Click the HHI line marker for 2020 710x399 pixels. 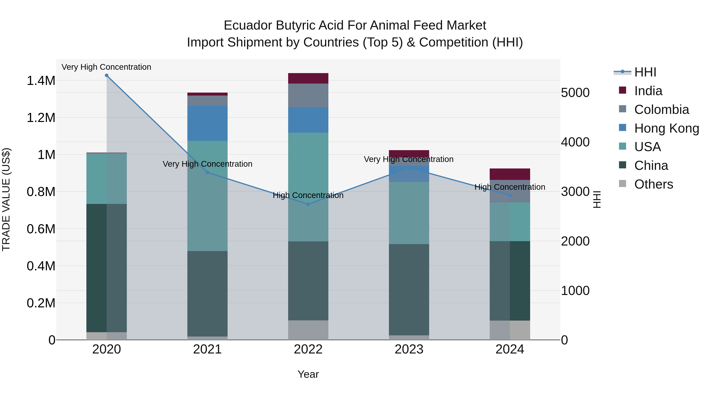107,75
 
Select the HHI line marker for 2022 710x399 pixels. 308,204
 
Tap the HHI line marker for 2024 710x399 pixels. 510,195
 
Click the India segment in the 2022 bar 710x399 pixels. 308,78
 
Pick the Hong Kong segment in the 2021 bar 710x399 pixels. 207,123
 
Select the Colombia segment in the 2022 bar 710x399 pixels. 308,95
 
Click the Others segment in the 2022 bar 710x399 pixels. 308,330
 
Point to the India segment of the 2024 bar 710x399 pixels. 510,174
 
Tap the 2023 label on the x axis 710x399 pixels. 409,349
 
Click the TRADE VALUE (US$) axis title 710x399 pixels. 6,199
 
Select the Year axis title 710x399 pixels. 308,374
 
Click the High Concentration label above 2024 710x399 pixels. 510,187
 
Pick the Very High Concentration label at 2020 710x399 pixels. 106,67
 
